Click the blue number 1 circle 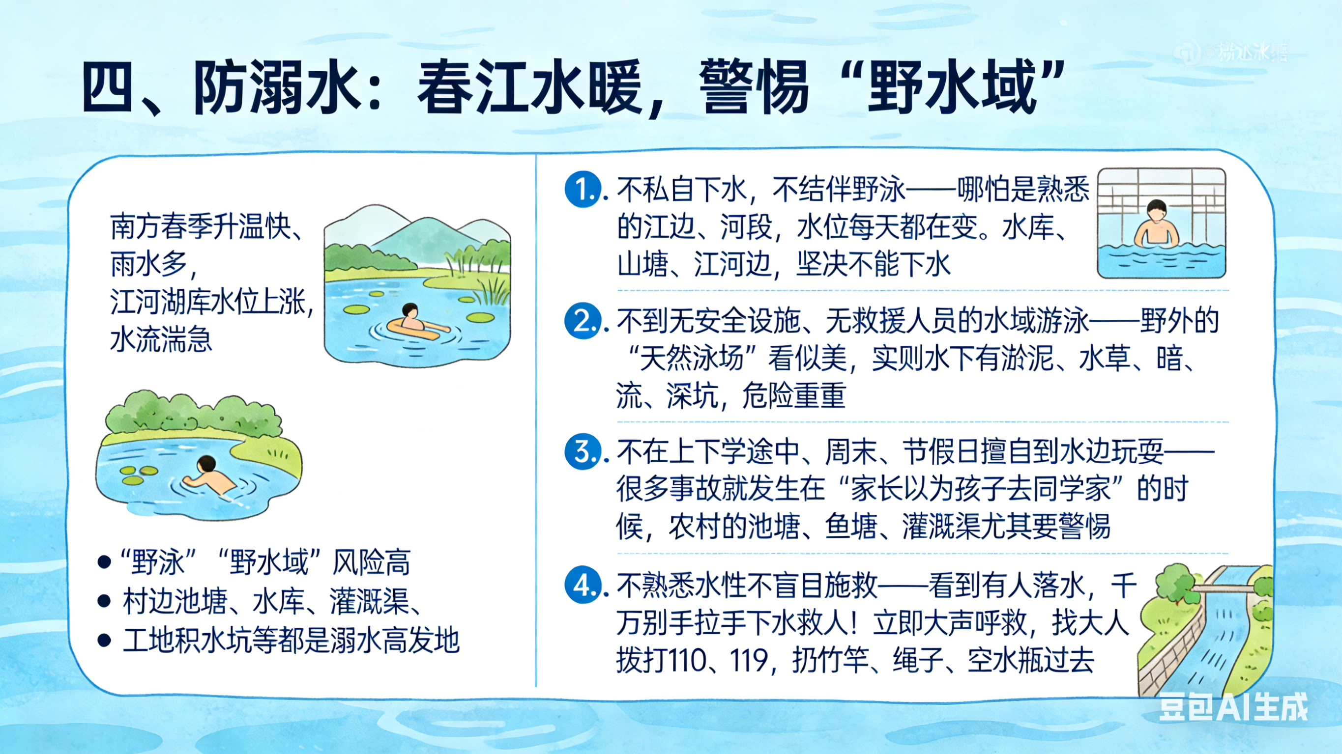point(583,190)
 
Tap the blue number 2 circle point(583,321)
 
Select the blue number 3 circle point(583,451)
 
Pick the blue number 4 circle point(583,585)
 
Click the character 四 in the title point(108,87)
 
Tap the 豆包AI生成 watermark point(1233,707)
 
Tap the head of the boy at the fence point(1156,211)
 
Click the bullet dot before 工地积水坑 point(104,641)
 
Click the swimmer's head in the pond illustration point(207,463)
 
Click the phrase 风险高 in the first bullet point(372,563)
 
